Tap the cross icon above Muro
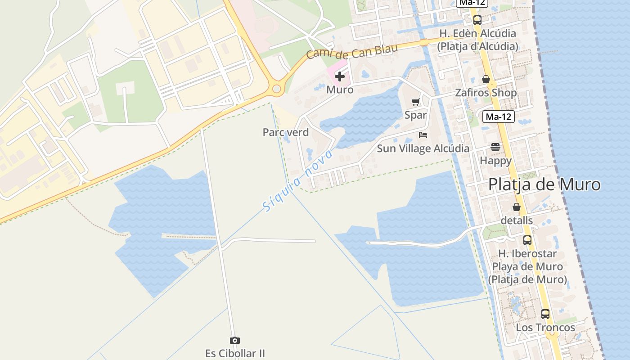point(340,76)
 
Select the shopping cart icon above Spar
point(415,102)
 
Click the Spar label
point(415,115)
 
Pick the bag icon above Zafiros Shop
point(486,79)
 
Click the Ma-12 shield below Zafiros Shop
point(499,117)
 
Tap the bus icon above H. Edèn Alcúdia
point(477,20)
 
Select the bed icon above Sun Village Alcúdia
point(423,135)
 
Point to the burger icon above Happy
point(495,147)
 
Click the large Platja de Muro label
point(544,184)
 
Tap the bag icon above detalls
point(517,207)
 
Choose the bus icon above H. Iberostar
point(527,240)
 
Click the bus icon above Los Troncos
point(545,314)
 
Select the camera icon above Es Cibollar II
point(234,340)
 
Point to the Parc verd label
point(286,132)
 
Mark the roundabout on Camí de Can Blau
point(276,90)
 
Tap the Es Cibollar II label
point(235,353)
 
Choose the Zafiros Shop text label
point(486,93)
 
